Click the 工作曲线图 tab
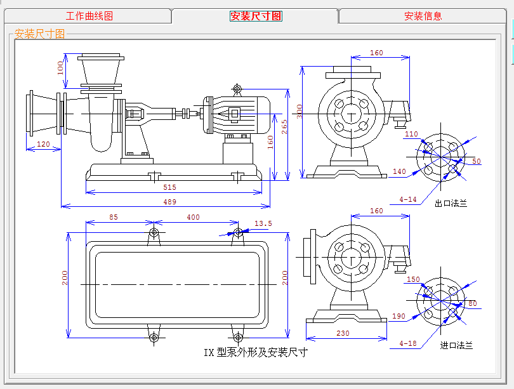click(89, 16)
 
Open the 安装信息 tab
click(423, 16)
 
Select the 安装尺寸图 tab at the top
click(256, 16)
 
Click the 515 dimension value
click(169, 187)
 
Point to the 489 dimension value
click(169, 202)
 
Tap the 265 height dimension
click(285, 127)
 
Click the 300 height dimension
click(300, 112)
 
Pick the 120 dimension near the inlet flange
click(43, 145)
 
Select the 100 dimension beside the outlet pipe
click(61, 67)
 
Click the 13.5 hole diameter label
click(263, 223)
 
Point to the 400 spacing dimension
click(193, 217)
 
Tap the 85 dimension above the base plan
click(114, 217)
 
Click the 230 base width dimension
click(343, 333)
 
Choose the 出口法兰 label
click(451, 204)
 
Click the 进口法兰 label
click(457, 346)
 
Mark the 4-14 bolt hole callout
click(408, 199)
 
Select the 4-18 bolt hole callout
click(408, 343)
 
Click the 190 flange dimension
click(399, 316)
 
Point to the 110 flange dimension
click(411, 134)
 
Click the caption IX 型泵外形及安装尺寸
click(255, 352)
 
